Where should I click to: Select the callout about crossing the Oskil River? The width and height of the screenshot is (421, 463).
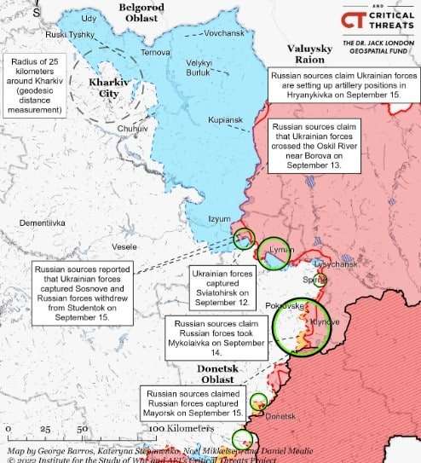click(315, 147)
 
